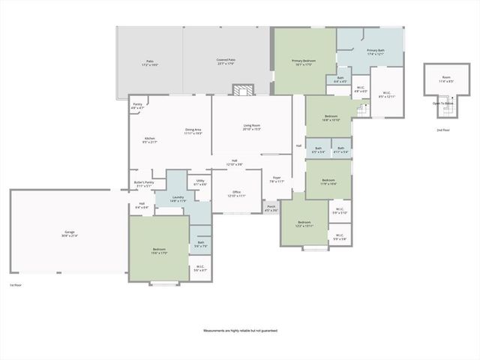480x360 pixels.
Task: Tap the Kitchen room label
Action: point(149,140)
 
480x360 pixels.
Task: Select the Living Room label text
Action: point(251,127)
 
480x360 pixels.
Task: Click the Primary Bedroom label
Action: point(304,62)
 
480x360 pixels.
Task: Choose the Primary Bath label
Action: point(375,52)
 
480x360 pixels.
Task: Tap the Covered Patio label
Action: point(226,61)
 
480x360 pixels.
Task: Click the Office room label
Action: point(236,193)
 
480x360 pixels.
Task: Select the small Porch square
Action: point(271,208)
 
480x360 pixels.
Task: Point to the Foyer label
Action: point(277,179)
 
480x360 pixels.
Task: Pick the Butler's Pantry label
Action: point(144,184)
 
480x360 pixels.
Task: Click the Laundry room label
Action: point(177,199)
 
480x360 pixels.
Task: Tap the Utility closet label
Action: point(200,182)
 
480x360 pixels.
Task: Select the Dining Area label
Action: point(193,131)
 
